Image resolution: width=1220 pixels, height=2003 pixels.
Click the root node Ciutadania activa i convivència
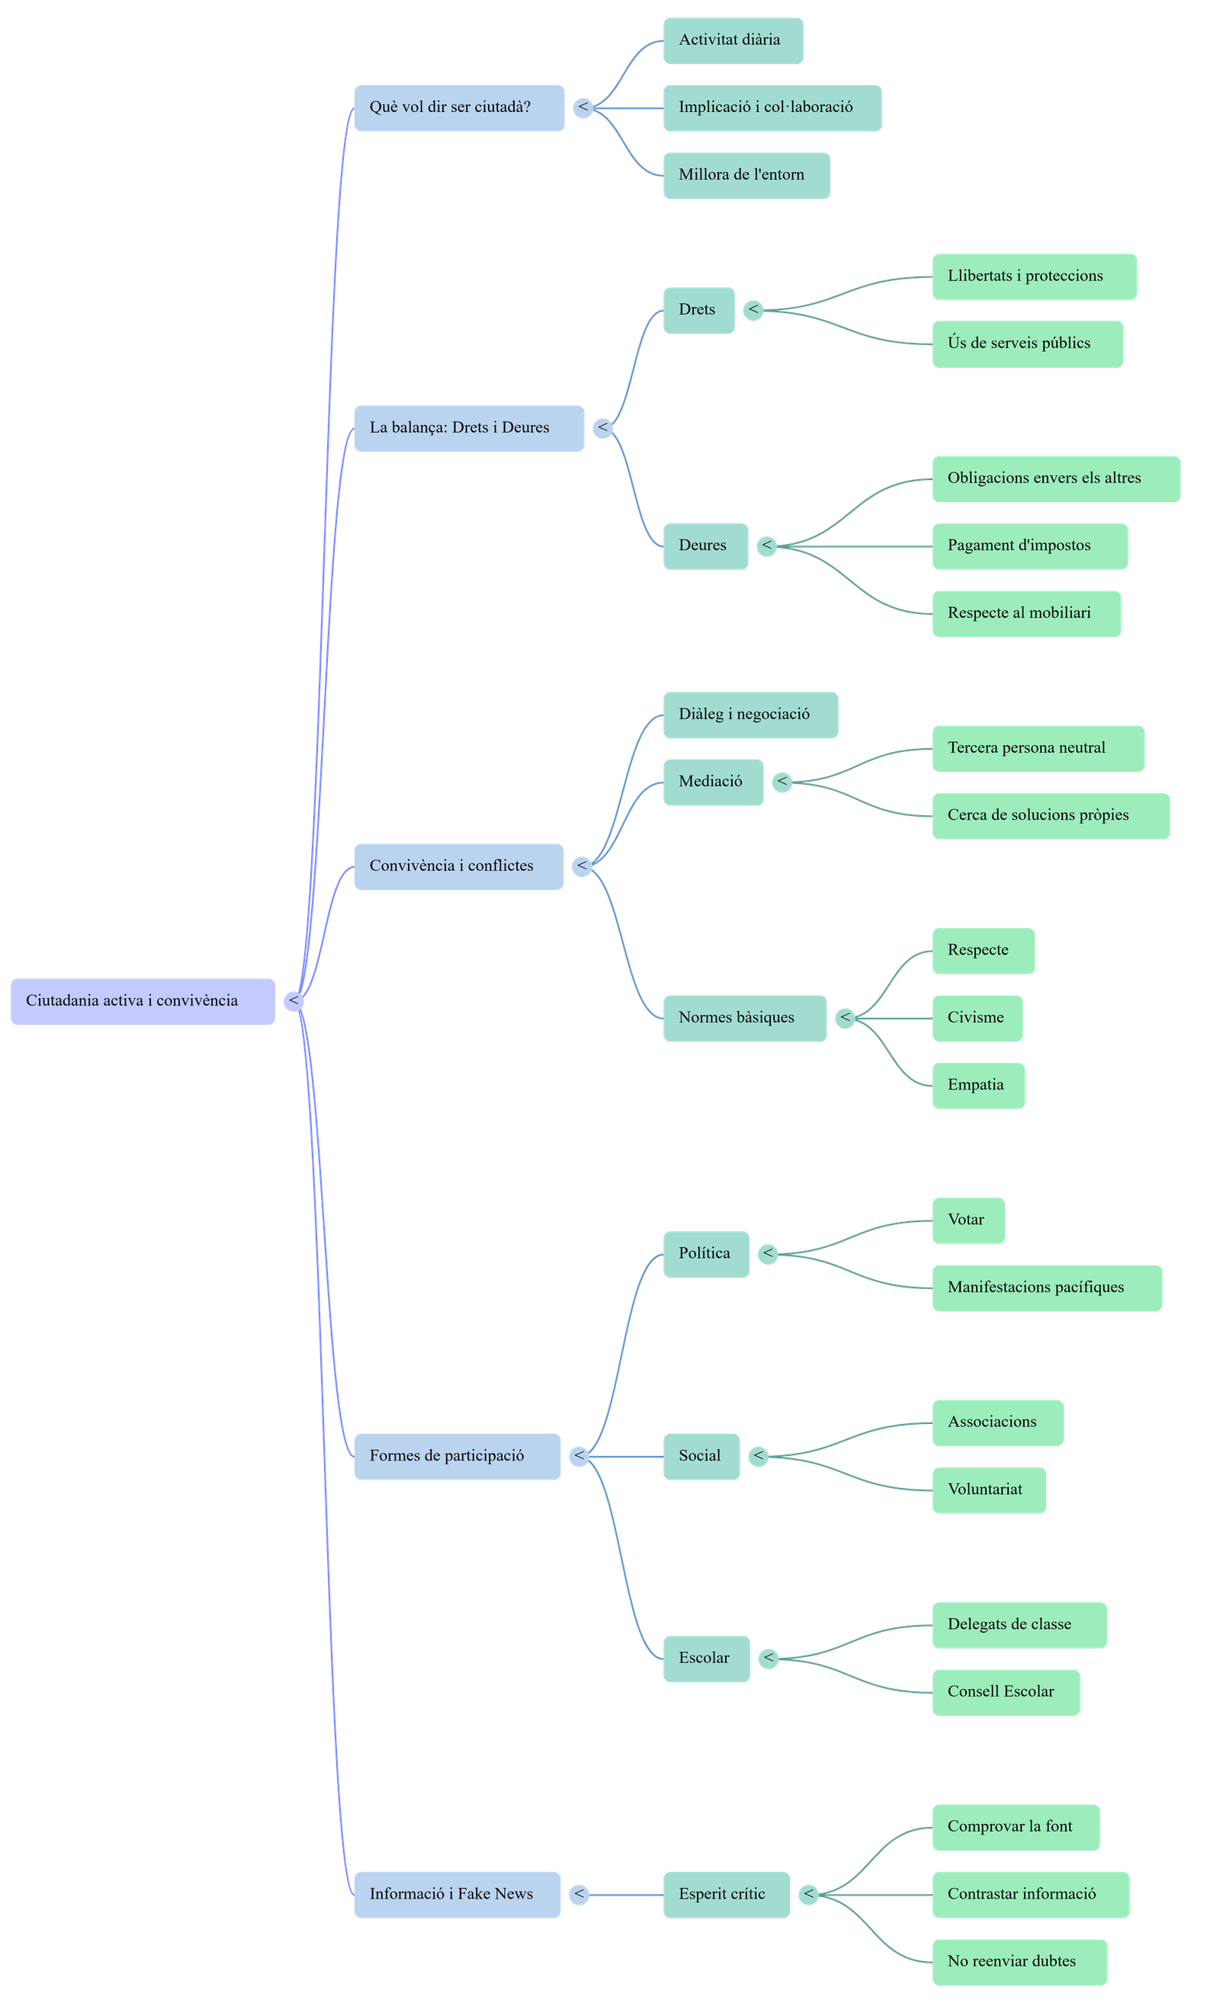[143, 1001]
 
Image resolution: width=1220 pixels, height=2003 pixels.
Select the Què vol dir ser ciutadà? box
[459, 107]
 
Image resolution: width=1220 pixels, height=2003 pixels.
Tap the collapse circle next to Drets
[754, 310]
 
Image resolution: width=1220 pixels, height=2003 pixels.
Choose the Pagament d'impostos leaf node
[1029, 546]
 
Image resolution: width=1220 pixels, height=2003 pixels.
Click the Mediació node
[712, 782]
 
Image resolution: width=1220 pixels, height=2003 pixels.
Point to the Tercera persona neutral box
[1037, 748]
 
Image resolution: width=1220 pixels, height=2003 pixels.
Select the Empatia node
[977, 1085]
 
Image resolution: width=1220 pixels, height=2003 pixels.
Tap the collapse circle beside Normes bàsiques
[846, 1018]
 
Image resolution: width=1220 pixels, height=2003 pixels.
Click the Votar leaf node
[967, 1221]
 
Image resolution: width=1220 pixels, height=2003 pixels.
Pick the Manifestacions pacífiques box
[1046, 1288]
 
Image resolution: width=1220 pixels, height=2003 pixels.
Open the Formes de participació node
[456, 1456]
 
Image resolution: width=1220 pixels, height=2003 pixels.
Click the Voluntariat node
[987, 1490]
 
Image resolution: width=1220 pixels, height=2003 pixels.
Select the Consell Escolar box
[1004, 1692]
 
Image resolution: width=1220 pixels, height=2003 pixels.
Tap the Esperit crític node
[725, 1894]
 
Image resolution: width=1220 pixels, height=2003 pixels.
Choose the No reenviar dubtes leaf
[1018, 1962]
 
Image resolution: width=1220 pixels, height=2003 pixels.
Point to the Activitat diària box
[733, 40]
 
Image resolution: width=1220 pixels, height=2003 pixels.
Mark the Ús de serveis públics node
[1026, 344]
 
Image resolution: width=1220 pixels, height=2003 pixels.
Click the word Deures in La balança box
[525, 427]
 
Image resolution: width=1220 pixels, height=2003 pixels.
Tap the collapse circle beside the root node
[294, 1001]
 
